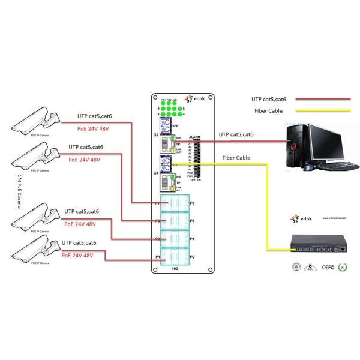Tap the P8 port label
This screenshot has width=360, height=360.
click(x=193, y=203)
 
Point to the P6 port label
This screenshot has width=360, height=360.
click(x=193, y=221)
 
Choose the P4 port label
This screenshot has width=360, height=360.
click(x=193, y=239)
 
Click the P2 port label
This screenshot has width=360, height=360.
click(x=193, y=256)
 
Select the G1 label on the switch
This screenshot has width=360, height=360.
click(x=155, y=173)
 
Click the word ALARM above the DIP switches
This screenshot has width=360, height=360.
click(x=194, y=138)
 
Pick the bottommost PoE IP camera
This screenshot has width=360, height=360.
click(x=36, y=249)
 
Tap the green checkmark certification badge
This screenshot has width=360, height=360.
click(x=344, y=267)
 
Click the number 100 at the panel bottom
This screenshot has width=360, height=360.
click(x=175, y=268)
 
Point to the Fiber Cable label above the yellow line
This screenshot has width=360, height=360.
click(x=236, y=158)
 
